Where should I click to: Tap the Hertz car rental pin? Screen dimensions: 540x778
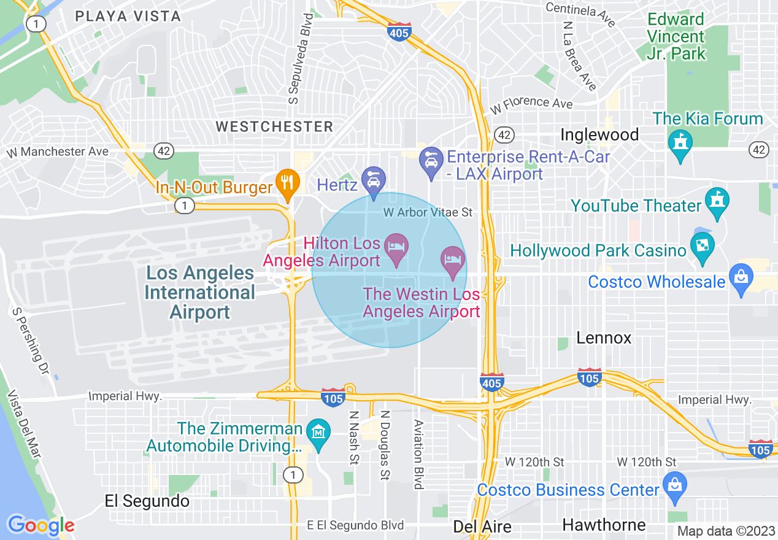tap(373, 180)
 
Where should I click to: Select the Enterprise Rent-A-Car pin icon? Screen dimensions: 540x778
tap(431, 161)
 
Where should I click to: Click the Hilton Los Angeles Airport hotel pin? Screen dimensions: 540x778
tap(396, 247)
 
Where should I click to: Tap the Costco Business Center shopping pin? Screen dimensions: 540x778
tap(674, 486)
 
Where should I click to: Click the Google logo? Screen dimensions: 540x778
tap(40, 525)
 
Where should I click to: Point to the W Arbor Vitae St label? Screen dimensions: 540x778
tap(428, 212)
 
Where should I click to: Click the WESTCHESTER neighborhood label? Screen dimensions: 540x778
tap(274, 127)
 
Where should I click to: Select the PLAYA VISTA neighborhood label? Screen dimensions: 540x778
tap(128, 17)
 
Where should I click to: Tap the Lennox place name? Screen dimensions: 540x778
tap(604, 338)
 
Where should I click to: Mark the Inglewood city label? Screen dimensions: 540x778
tap(599, 135)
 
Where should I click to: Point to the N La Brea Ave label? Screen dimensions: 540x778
tap(579, 56)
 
